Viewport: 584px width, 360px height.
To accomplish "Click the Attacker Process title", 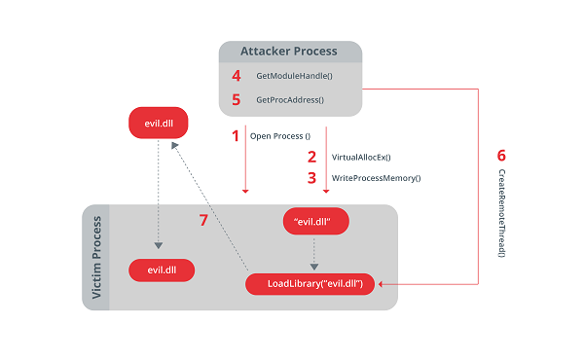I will (x=289, y=51).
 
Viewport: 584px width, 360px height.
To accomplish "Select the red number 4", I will (x=235, y=75).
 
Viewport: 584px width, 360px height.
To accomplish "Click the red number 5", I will (x=235, y=99).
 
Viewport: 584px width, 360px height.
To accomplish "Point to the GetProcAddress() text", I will (x=289, y=99).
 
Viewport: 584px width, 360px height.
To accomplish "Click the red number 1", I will (x=235, y=136).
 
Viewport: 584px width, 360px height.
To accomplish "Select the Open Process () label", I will (x=280, y=136).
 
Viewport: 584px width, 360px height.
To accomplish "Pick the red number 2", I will (x=311, y=157).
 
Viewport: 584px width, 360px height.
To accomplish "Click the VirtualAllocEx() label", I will (x=361, y=157).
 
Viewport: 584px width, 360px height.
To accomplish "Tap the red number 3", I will (x=311, y=178).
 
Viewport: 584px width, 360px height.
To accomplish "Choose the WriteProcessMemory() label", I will (x=376, y=178).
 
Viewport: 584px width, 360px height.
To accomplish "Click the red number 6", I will (x=501, y=156).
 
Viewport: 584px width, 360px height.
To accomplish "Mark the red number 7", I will (x=203, y=221).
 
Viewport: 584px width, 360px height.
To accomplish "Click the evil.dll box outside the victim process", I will (x=161, y=123).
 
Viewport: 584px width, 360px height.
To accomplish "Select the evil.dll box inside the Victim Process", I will (x=161, y=270).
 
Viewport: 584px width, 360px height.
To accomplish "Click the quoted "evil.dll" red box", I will (x=314, y=222).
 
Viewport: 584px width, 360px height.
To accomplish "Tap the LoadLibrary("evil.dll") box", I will (x=314, y=284).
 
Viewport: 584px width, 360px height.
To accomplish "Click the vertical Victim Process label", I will (x=97, y=258).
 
